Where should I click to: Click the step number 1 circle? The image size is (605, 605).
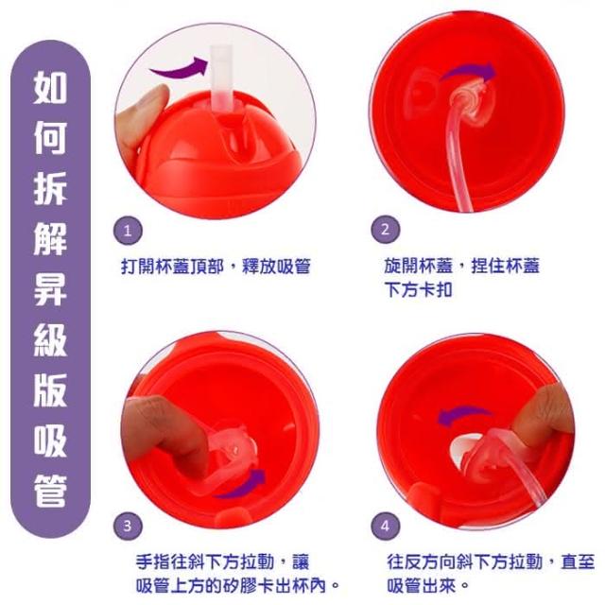(x=128, y=231)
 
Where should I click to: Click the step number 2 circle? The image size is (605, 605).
(x=385, y=230)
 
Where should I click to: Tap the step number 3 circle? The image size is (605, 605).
(x=128, y=526)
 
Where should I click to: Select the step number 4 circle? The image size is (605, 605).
(x=385, y=526)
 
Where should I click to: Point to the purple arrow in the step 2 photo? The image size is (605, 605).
(x=469, y=72)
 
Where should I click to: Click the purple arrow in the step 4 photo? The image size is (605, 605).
(x=463, y=415)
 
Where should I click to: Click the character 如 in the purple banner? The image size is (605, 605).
(x=50, y=88)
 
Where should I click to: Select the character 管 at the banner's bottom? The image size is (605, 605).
(x=50, y=491)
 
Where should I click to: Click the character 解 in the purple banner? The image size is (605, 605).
(x=50, y=238)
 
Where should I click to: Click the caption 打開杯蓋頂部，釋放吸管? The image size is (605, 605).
(x=216, y=267)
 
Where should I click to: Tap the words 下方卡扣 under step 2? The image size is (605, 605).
(x=418, y=289)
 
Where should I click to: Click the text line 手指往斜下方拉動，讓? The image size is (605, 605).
(x=223, y=562)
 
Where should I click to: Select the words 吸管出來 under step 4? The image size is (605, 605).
(x=422, y=586)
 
